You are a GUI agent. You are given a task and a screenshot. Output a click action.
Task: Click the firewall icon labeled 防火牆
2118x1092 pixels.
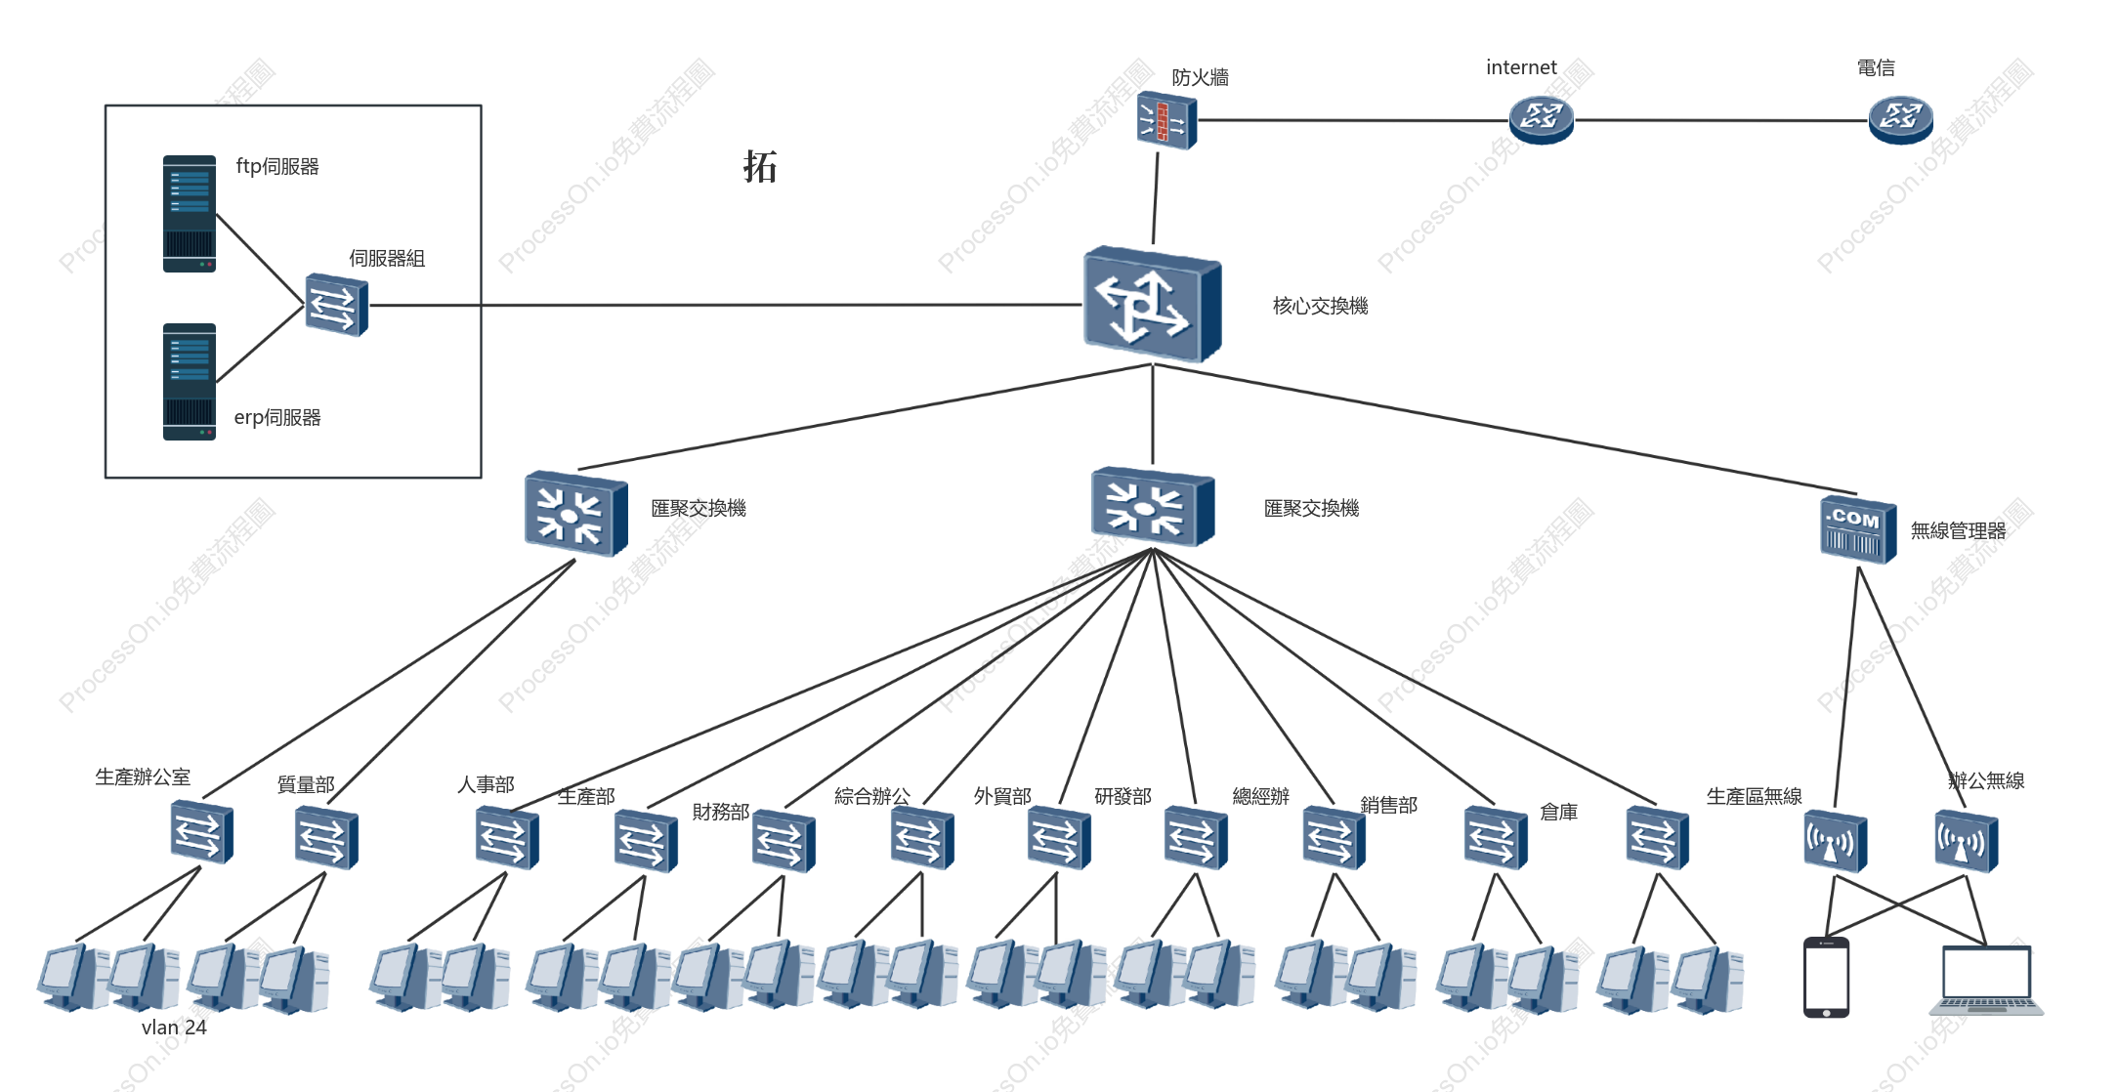(x=1166, y=120)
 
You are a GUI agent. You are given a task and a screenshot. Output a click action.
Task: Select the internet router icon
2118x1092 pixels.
(x=1541, y=119)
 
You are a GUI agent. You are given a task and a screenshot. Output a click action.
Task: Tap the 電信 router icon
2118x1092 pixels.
(x=1900, y=119)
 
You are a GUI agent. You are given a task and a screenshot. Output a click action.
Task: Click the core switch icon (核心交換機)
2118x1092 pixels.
(x=1152, y=304)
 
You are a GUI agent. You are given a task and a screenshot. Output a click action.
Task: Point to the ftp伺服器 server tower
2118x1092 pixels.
(x=190, y=213)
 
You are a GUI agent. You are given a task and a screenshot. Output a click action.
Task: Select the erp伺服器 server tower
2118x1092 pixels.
(x=190, y=382)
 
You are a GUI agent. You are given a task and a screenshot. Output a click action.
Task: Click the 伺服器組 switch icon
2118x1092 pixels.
(x=336, y=305)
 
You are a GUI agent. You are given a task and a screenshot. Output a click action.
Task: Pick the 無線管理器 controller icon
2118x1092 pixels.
(x=1857, y=529)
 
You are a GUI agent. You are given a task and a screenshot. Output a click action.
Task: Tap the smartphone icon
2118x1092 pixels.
(x=1826, y=978)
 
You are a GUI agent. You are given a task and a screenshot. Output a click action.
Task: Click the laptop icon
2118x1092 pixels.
(x=1986, y=981)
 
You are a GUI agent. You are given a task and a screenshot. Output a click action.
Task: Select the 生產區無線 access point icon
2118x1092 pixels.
(x=1835, y=840)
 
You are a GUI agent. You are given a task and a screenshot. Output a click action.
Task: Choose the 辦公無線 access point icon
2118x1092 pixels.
(x=1966, y=840)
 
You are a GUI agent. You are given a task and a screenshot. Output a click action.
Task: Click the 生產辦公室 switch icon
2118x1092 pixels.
(x=201, y=831)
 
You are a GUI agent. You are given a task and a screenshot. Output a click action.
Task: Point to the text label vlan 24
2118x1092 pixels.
(x=174, y=1028)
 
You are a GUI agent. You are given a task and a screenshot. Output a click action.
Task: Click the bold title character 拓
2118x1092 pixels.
(x=759, y=166)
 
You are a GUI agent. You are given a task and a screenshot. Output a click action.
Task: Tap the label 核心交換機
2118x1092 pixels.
(x=1320, y=306)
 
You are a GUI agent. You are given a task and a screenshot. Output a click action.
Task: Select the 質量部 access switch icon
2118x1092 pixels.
(x=326, y=837)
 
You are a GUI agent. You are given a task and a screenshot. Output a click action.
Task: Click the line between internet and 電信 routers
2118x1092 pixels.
(x=1721, y=120)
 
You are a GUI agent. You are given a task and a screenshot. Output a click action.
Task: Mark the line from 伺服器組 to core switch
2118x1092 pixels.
(x=726, y=305)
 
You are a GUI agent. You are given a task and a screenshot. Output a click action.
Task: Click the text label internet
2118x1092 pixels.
(x=1521, y=67)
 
